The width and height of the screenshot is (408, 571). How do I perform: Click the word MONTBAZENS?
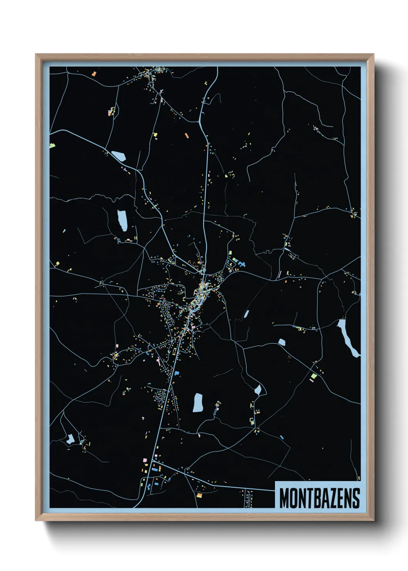(x=319, y=498)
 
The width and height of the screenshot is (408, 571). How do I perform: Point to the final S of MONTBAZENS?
(x=356, y=498)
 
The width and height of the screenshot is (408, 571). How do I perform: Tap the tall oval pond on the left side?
(x=122, y=220)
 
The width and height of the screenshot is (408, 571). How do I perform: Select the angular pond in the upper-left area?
(x=119, y=156)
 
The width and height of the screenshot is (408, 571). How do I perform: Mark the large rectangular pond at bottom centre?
(x=198, y=403)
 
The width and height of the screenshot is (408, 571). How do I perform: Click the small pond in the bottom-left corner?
(x=71, y=439)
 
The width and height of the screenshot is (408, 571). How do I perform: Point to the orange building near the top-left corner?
(x=94, y=73)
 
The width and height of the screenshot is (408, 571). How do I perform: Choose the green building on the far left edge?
(x=52, y=146)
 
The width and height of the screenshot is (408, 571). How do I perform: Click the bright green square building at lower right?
(x=314, y=375)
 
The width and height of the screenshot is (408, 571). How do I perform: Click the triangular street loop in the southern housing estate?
(x=159, y=395)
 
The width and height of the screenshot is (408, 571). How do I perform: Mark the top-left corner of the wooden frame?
(x=36, y=55)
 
